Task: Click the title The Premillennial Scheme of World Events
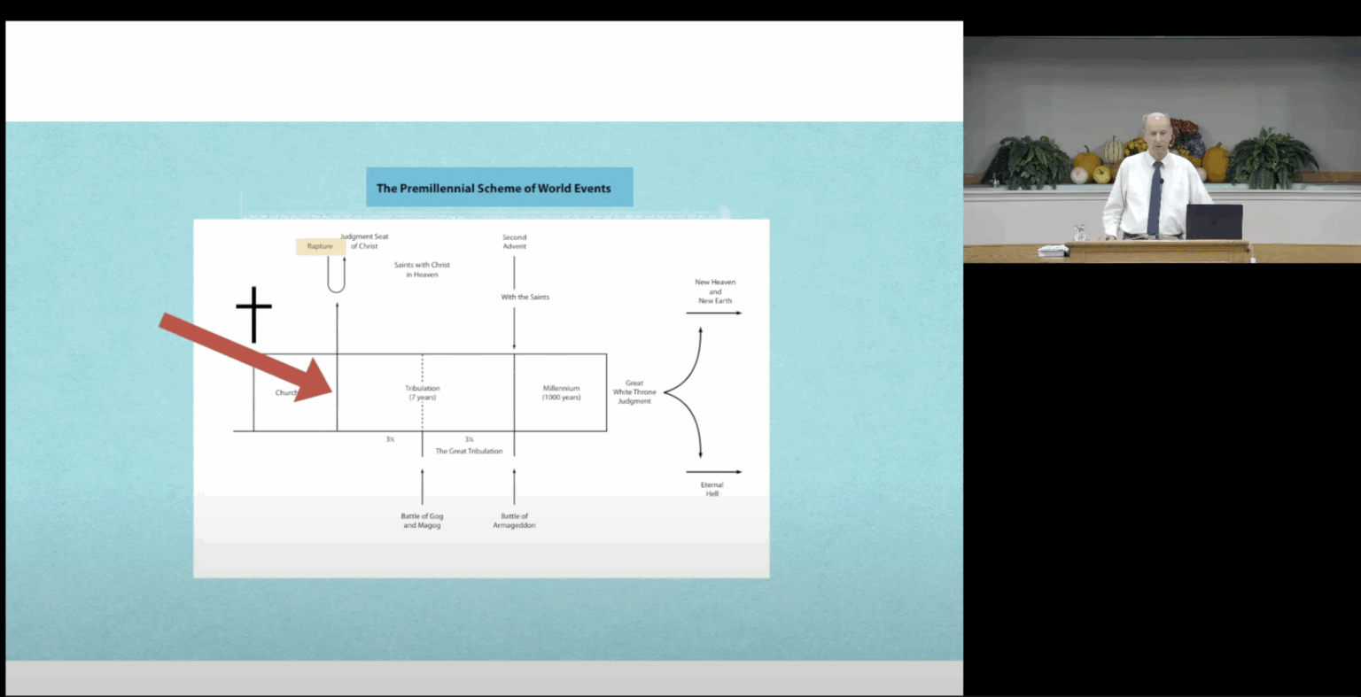click(x=494, y=188)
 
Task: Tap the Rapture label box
click(x=320, y=246)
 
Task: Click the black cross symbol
click(x=253, y=314)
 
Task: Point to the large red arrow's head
click(x=315, y=382)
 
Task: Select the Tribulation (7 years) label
click(x=422, y=392)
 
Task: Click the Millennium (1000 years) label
click(x=561, y=392)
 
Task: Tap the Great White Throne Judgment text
click(x=634, y=392)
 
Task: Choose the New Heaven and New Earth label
click(x=715, y=291)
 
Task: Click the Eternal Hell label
click(x=712, y=489)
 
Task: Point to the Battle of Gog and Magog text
click(x=422, y=521)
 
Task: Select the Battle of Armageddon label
click(x=514, y=521)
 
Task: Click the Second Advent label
click(x=514, y=241)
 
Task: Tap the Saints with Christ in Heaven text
click(x=422, y=269)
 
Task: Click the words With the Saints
click(x=525, y=297)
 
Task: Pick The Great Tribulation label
click(x=469, y=451)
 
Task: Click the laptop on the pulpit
click(x=1214, y=221)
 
